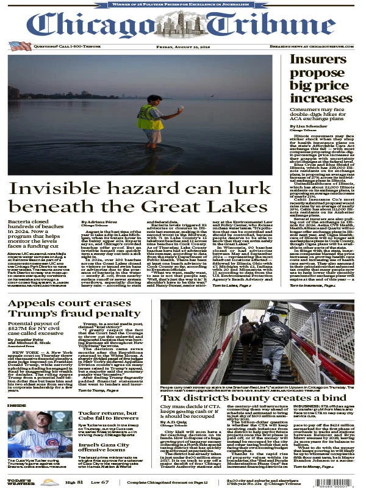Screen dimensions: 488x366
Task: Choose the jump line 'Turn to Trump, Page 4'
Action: click(98, 389)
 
